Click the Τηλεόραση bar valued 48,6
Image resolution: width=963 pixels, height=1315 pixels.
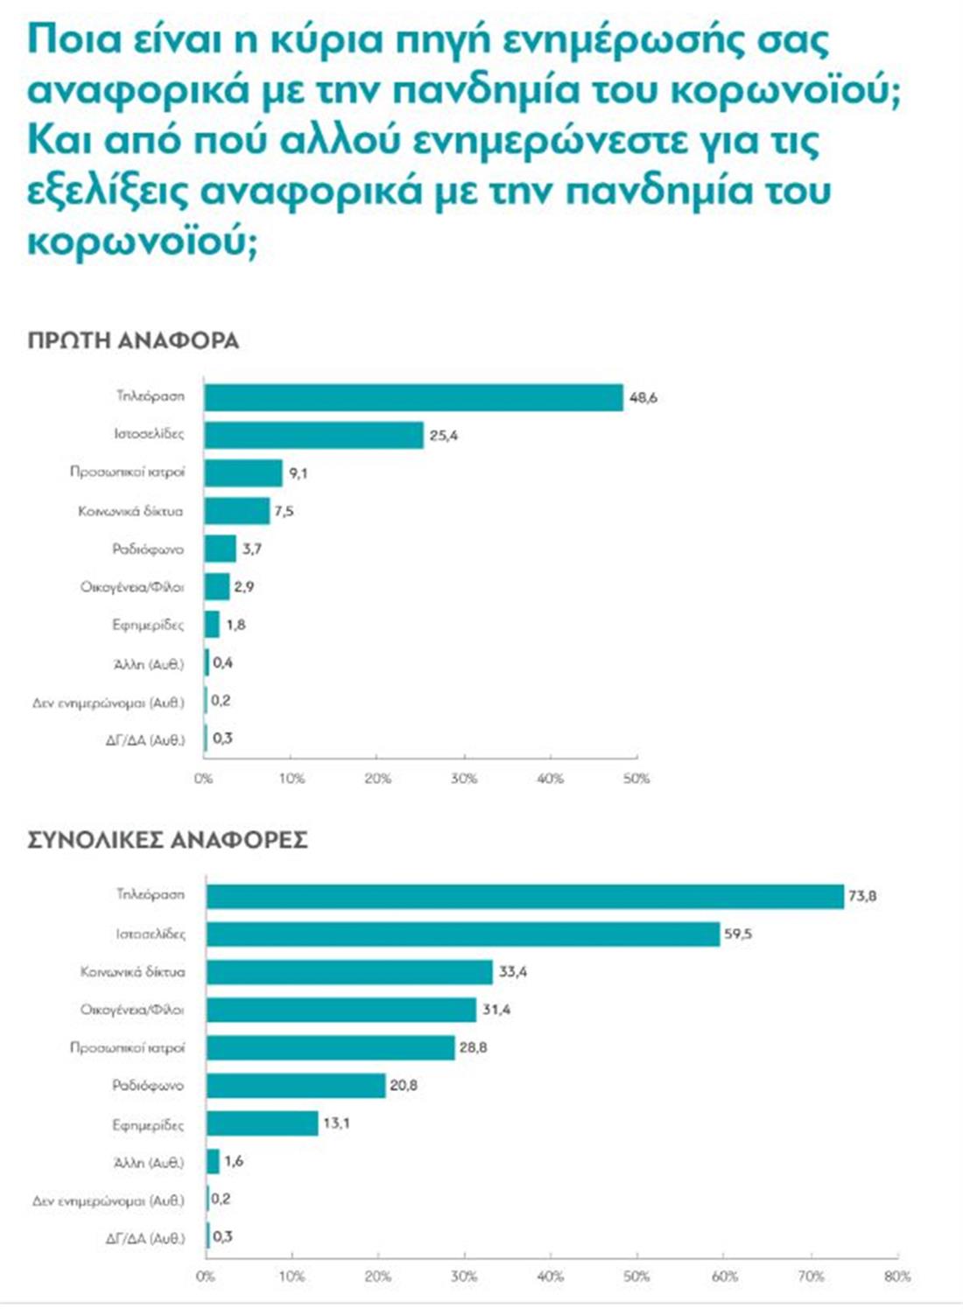click(x=413, y=397)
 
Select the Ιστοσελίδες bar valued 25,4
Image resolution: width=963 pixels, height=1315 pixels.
click(x=313, y=435)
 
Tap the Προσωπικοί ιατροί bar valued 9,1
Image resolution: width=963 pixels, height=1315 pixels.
click(x=243, y=473)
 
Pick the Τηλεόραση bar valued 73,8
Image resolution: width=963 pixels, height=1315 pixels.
click(x=525, y=896)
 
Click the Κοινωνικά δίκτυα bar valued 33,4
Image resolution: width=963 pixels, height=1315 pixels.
click(x=349, y=972)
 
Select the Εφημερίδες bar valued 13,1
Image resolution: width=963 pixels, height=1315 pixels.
click(x=262, y=1123)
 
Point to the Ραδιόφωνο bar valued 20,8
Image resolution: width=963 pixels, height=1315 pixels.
click(x=296, y=1086)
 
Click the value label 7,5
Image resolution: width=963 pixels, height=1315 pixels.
click(x=284, y=511)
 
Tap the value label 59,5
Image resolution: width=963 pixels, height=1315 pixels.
click(x=738, y=934)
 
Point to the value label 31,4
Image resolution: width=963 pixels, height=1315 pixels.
click(x=496, y=1010)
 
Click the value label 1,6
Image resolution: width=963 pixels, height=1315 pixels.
click(x=234, y=1162)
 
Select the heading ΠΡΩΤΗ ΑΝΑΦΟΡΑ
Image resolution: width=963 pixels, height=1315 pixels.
click(x=133, y=340)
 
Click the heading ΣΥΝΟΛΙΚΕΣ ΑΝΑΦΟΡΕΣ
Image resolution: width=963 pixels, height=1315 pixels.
click(x=167, y=840)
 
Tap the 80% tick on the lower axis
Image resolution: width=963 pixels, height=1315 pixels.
click(x=897, y=1277)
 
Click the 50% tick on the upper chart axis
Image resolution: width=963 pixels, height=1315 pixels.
click(x=636, y=778)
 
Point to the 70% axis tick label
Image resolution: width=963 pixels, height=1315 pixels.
click(x=811, y=1277)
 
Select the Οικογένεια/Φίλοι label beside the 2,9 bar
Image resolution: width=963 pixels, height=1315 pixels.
click(x=132, y=587)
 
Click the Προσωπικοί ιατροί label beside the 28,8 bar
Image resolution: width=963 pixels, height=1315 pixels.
click(x=128, y=1047)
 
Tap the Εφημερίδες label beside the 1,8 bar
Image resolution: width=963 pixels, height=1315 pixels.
click(x=148, y=625)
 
